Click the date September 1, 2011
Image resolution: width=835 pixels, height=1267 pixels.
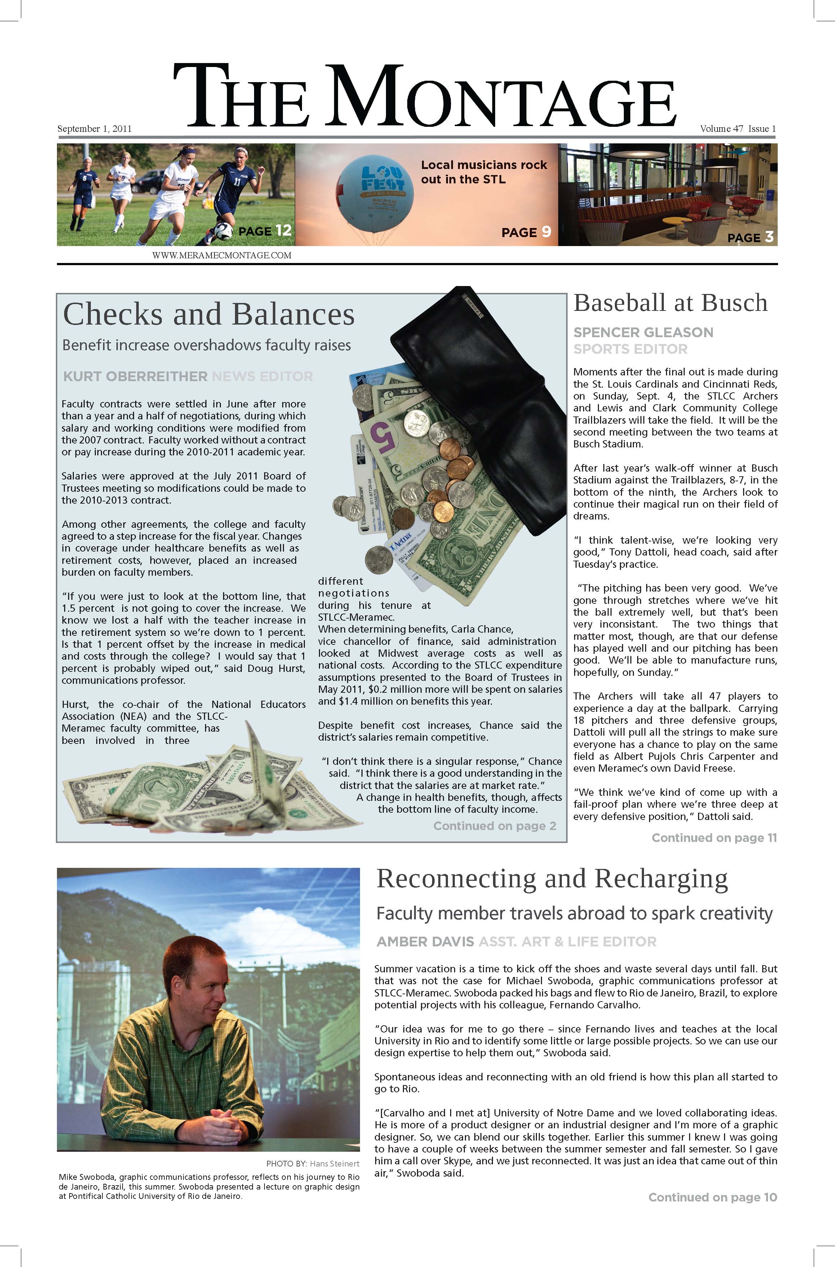click(x=94, y=129)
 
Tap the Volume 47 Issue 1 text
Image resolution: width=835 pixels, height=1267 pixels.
click(x=738, y=129)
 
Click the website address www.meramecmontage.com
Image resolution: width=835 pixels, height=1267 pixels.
click(x=222, y=255)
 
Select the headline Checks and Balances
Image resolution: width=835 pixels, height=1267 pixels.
click(x=209, y=314)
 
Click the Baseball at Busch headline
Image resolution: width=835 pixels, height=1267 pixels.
click(x=670, y=303)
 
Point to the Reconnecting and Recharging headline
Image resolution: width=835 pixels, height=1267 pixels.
click(x=552, y=879)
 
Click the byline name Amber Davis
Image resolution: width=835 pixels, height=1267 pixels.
click(x=425, y=942)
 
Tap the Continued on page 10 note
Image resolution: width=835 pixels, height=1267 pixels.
click(x=712, y=1197)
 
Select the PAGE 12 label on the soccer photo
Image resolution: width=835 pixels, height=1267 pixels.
click(x=265, y=231)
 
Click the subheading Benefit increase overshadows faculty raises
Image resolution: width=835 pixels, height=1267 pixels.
click(x=206, y=345)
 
